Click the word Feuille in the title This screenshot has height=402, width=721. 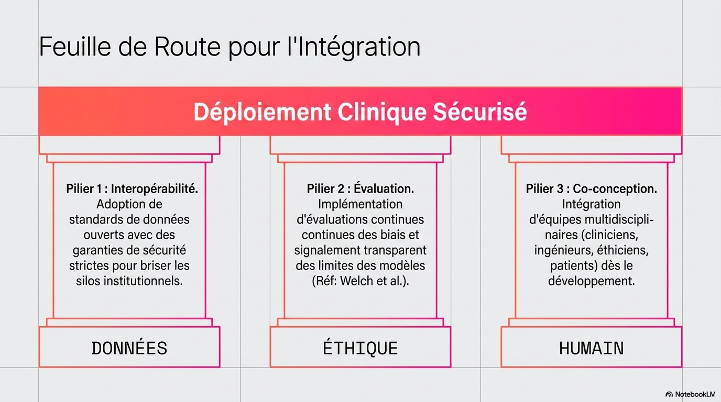pyautogui.click(x=75, y=47)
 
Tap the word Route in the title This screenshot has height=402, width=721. pyautogui.click(x=188, y=47)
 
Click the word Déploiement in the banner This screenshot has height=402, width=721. pyautogui.click(x=262, y=112)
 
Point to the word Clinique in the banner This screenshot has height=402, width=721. pyautogui.click(x=382, y=112)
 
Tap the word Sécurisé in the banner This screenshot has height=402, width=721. pyautogui.click(x=479, y=111)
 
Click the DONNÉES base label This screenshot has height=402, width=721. pyautogui.click(x=129, y=348)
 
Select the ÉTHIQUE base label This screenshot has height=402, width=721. pyautogui.click(x=360, y=348)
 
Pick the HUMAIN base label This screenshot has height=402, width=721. pyautogui.click(x=591, y=348)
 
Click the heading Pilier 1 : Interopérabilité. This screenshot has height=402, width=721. pyautogui.click(x=132, y=189)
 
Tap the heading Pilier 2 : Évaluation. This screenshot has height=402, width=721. pyautogui.click(x=360, y=188)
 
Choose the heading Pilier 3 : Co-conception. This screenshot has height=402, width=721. pyautogui.click(x=592, y=189)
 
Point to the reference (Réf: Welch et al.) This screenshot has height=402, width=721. pyautogui.click(x=360, y=281)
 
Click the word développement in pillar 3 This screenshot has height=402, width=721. pyautogui.click(x=592, y=282)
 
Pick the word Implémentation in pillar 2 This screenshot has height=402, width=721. pyautogui.click(x=360, y=204)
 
